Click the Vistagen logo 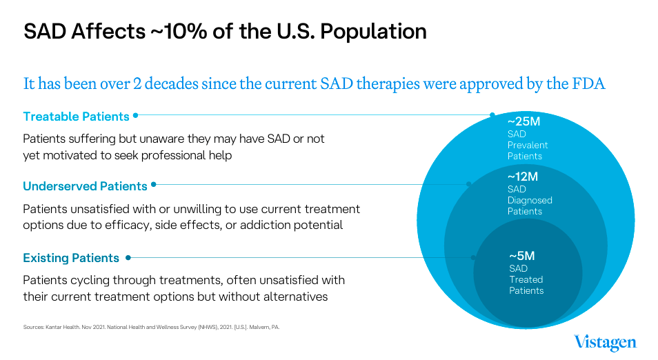pyautogui.click(x=605, y=342)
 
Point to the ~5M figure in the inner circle pyautogui.click(x=522, y=256)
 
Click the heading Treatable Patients pyautogui.click(x=76, y=116)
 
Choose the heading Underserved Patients pyautogui.click(x=85, y=186)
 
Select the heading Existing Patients pyautogui.click(x=71, y=258)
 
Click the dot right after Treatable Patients pyautogui.click(x=136, y=115)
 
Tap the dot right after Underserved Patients pyautogui.click(x=154, y=185)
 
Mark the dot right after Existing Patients pyautogui.click(x=128, y=257)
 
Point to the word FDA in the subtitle pyautogui.click(x=590, y=84)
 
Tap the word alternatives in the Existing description pyautogui.click(x=289, y=297)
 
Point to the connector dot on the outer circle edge pyautogui.click(x=492, y=114)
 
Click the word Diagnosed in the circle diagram pyautogui.click(x=530, y=200)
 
